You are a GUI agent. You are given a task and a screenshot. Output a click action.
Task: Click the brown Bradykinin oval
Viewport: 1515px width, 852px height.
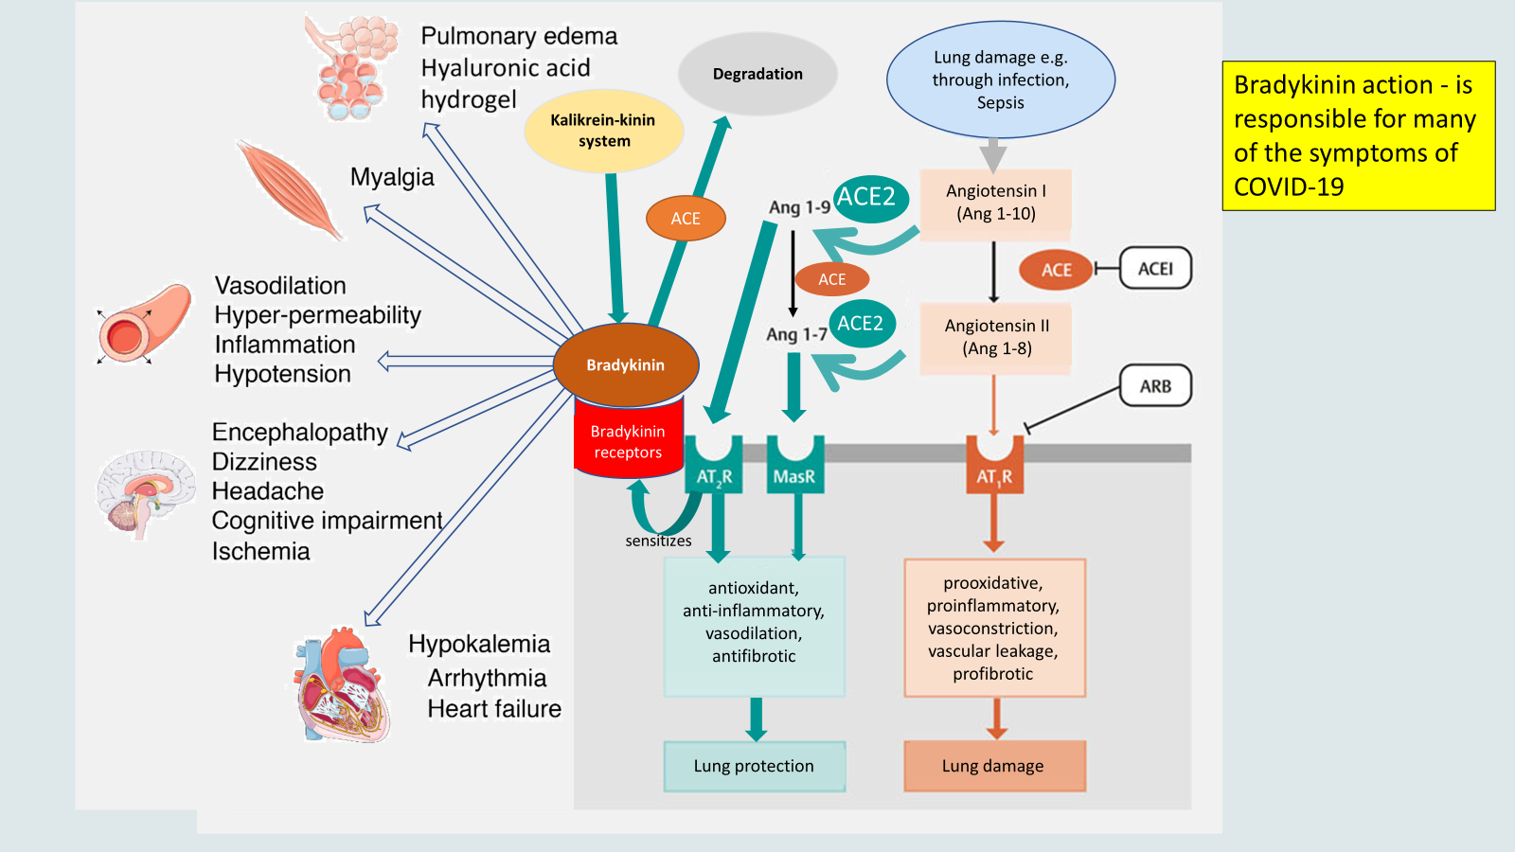click(626, 364)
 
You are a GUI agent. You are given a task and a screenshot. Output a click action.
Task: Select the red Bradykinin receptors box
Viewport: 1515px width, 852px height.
click(628, 441)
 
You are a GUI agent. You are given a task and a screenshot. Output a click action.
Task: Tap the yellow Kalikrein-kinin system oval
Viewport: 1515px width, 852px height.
click(604, 131)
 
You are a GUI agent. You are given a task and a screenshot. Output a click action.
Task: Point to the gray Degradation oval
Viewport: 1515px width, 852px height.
click(757, 74)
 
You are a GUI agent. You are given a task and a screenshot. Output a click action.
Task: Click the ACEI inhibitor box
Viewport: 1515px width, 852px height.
click(1155, 269)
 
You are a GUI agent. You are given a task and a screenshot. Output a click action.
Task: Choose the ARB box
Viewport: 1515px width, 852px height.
click(1155, 386)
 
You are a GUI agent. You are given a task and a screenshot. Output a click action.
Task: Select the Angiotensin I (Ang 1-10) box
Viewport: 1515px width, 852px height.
click(996, 203)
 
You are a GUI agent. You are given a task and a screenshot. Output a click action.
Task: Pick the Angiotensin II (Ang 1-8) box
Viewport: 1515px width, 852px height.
click(996, 337)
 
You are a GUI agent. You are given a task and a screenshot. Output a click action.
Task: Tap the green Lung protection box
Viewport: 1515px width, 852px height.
click(754, 766)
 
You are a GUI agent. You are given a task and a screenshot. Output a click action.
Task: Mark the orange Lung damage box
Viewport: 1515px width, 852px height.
click(993, 766)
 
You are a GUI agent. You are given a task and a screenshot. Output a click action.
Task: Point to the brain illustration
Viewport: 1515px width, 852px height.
click(144, 492)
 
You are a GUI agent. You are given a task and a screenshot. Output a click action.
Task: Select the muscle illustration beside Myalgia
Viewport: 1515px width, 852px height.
click(288, 188)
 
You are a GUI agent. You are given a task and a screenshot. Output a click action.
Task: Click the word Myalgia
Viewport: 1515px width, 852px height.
click(392, 177)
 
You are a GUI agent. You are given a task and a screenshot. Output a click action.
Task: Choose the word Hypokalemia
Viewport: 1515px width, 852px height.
click(479, 644)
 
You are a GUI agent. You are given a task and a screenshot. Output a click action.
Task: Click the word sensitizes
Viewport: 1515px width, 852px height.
click(658, 541)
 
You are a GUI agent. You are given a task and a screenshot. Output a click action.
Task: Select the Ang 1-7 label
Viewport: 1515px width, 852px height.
click(796, 334)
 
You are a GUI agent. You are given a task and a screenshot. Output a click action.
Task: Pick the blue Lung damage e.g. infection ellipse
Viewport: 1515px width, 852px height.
click(1001, 80)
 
